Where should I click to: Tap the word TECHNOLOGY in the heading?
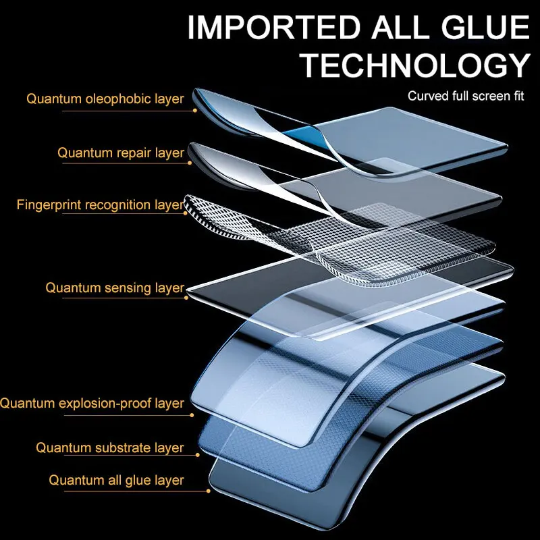pyautogui.click(x=414, y=65)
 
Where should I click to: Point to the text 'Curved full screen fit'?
pyautogui.click(x=466, y=96)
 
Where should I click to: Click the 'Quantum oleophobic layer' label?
pyautogui.click(x=105, y=99)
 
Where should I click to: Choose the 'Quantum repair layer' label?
pyautogui.click(x=120, y=153)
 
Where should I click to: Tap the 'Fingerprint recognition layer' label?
pyautogui.click(x=99, y=205)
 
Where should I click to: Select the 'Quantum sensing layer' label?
pyautogui.click(x=115, y=288)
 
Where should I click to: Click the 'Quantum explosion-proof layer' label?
pyautogui.click(x=92, y=403)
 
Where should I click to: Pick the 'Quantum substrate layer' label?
pyautogui.click(x=109, y=448)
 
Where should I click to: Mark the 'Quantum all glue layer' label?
pyautogui.click(x=116, y=480)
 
